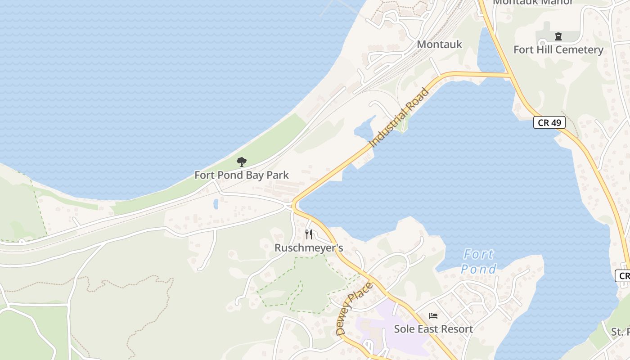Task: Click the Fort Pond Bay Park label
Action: [x=241, y=175]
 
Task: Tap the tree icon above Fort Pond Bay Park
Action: [x=242, y=162]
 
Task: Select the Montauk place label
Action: [x=439, y=44]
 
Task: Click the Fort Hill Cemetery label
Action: [x=558, y=49]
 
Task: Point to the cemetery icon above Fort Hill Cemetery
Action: [x=558, y=36]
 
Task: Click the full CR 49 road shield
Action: [x=549, y=122]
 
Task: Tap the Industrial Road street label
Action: [x=399, y=118]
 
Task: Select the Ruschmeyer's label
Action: [x=309, y=247]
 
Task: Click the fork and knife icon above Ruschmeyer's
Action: [x=309, y=234]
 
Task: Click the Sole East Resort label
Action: [x=433, y=329]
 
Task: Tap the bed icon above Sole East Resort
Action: [x=433, y=316]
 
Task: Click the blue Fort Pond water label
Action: [x=479, y=262]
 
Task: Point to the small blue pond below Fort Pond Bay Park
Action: [x=216, y=204]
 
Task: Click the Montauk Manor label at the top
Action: [x=533, y=2]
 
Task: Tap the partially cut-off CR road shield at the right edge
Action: [x=623, y=276]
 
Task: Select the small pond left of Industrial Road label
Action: [x=364, y=128]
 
